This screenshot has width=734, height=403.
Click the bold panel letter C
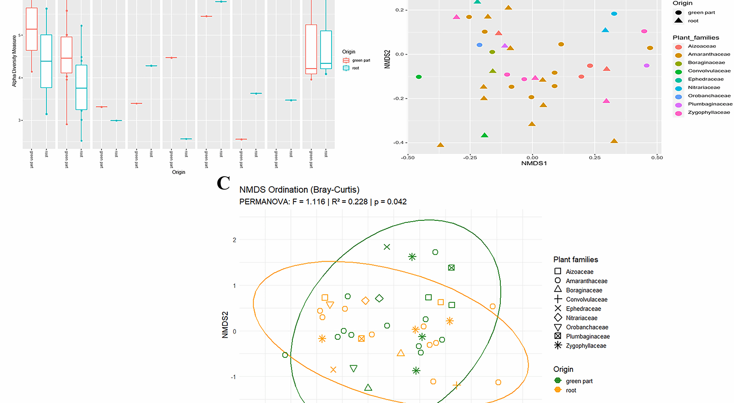[x=223, y=183]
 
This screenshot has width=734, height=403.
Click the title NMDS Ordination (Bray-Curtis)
[x=299, y=190]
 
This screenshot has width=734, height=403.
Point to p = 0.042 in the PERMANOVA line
[x=390, y=202]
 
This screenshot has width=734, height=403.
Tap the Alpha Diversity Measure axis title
[x=15, y=61]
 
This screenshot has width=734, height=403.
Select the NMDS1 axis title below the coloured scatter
[x=534, y=163]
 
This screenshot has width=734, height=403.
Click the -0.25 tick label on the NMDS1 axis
[x=470, y=157]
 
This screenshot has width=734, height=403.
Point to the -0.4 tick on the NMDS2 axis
[x=398, y=142]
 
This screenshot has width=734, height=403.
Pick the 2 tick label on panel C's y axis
[x=234, y=240]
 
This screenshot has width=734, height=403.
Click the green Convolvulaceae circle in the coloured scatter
[x=419, y=77]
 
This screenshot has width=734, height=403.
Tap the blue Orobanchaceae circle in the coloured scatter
[x=479, y=45]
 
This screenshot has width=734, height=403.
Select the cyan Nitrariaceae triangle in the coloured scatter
[x=605, y=30]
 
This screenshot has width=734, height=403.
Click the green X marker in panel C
[x=387, y=247]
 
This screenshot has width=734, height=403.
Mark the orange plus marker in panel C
[x=456, y=385]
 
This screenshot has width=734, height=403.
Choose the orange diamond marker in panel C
[x=365, y=301]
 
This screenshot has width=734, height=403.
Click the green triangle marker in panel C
[x=368, y=388]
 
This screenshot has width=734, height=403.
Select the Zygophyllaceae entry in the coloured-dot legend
[x=708, y=113]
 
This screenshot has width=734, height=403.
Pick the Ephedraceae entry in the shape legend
[x=583, y=309]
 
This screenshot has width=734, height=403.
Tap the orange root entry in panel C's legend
[x=570, y=390]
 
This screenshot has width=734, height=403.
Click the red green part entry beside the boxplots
[x=360, y=60]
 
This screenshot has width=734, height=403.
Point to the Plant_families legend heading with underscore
[x=695, y=38]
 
